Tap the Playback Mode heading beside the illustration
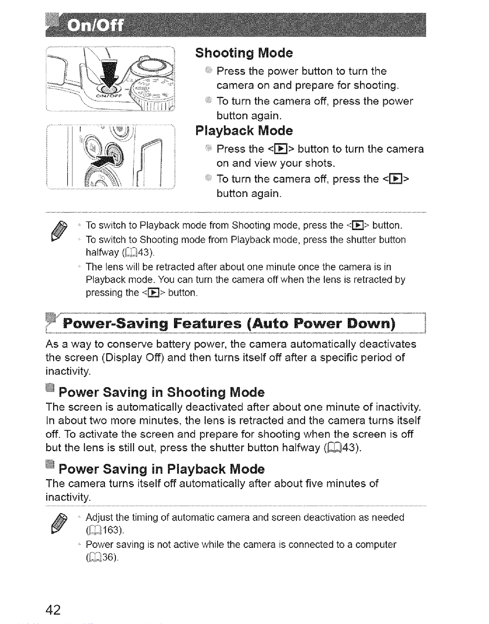coord(244,131)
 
